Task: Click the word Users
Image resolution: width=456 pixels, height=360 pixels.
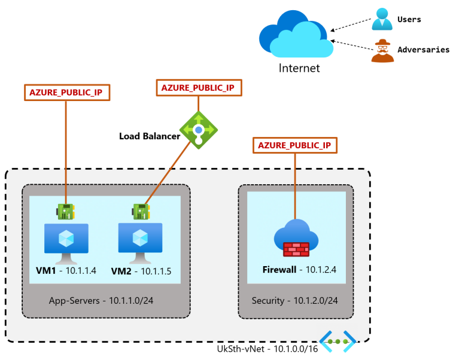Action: (x=409, y=19)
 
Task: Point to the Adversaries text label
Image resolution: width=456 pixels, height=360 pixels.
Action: (x=423, y=50)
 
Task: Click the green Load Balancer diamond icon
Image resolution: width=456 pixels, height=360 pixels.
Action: (x=198, y=129)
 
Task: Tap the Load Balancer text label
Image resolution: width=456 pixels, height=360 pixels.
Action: (x=149, y=136)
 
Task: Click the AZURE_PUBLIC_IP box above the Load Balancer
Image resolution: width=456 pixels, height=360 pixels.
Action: (x=197, y=87)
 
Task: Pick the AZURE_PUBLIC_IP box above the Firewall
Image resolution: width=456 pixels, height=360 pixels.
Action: (x=294, y=145)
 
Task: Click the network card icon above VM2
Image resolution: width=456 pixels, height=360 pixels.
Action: (x=140, y=211)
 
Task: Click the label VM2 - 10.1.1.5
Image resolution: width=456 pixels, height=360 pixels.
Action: (x=141, y=271)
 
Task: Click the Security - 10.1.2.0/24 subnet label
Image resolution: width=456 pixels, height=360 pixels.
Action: (x=294, y=300)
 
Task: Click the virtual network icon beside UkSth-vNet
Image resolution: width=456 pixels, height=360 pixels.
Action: (x=338, y=341)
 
